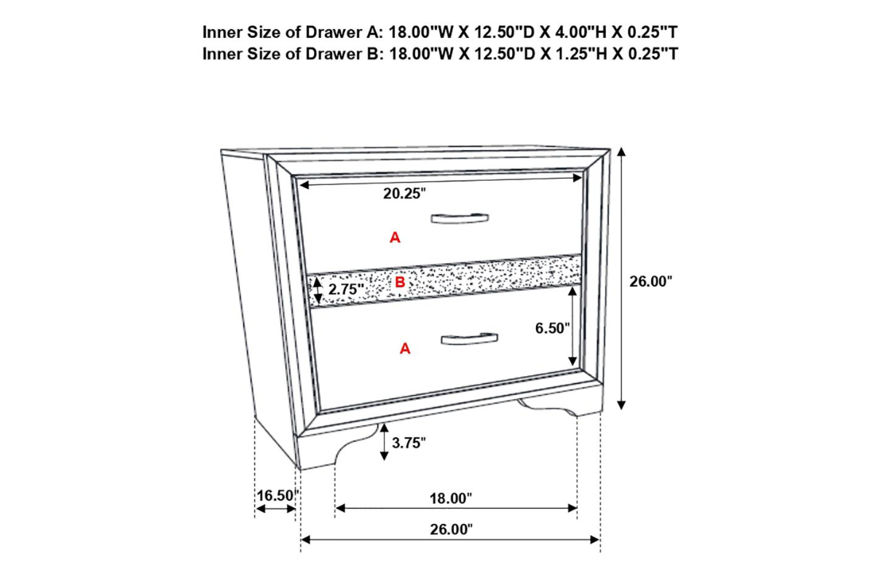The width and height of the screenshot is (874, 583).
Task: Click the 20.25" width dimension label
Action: coord(405,194)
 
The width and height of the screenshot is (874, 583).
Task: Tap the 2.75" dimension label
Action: coord(346,289)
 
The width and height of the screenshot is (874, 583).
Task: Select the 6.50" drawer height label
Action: coord(552,329)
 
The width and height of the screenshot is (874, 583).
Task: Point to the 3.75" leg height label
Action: coord(409,443)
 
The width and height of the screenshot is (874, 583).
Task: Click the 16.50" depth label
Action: coord(277,496)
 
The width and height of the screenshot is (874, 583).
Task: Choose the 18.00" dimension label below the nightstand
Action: coord(451,498)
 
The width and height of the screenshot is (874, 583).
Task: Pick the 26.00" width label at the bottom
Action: coord(451,530)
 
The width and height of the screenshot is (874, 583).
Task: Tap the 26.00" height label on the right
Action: coord(651,281)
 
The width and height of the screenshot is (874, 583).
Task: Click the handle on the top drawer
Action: coord(460,219)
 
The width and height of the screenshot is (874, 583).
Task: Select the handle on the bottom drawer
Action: coord(469,339)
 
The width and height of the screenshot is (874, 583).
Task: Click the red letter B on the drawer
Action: coord(400,282)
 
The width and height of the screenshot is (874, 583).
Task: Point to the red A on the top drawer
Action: coord(395,238)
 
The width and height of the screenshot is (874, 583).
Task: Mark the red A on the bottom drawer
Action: coord(405,348)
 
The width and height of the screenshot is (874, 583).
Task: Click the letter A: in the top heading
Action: coord(375,32)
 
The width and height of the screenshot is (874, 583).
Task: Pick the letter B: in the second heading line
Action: coord(375,54)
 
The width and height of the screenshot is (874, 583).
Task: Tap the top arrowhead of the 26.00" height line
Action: coord(621,152)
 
